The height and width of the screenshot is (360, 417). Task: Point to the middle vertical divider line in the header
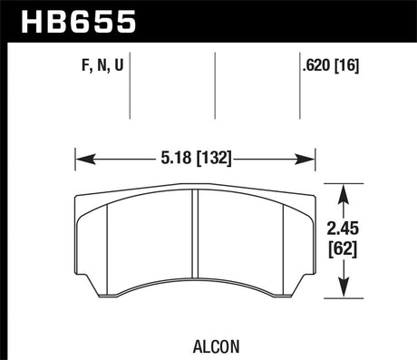[x=215, y=86]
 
